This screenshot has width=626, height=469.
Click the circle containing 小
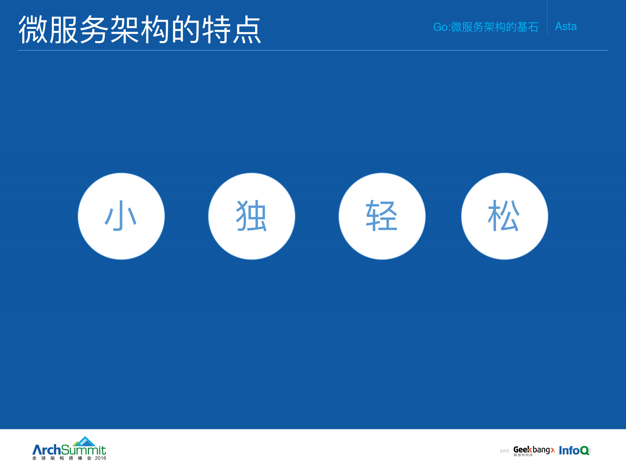(x=121, y=216)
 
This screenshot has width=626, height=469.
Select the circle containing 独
(x=252, y=216)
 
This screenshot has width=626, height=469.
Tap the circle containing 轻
(x=382, y=216)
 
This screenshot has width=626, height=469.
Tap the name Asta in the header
(x=566, y=26)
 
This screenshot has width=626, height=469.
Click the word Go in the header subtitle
(x=440, y=27)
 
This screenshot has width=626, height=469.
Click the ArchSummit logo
(x=69, y=449)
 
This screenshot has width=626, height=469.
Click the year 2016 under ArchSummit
(x=100, y=458)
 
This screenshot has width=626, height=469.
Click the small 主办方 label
(x=504, y=451)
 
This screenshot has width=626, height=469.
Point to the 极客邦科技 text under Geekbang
(x=523, y=455)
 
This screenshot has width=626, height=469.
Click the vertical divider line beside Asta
(x=547, y=17)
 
